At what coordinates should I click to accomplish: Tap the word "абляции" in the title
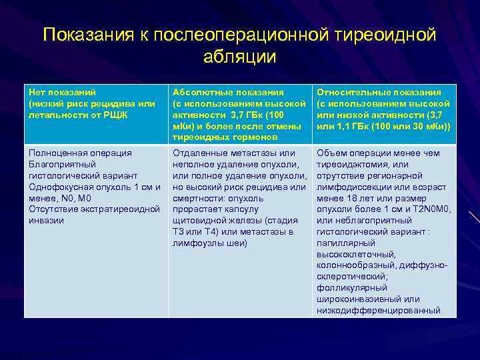point(240,58)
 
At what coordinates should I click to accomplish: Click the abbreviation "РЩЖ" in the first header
point(116,115)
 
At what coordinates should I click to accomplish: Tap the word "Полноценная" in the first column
point(56,153)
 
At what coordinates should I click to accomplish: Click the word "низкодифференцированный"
point(378,311)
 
